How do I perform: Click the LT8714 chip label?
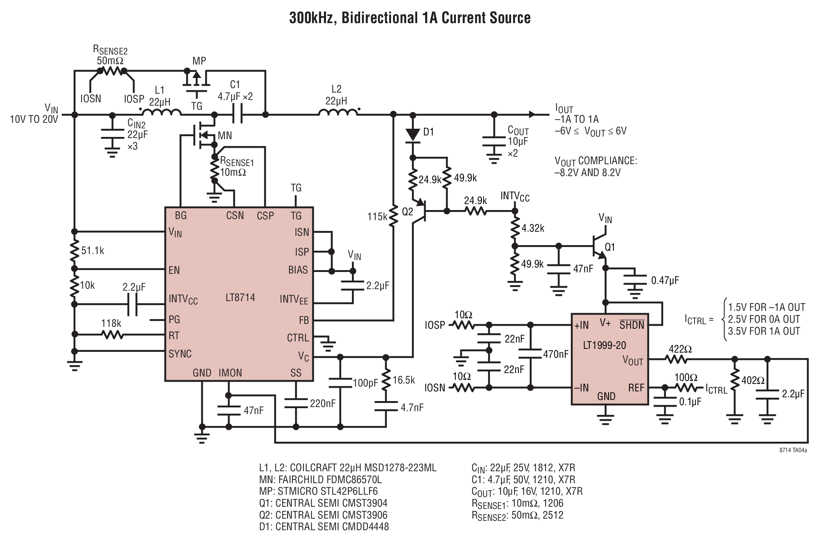240,298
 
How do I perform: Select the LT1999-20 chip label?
604,345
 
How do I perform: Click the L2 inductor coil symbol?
338,112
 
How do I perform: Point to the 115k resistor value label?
377,216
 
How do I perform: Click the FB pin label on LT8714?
304,320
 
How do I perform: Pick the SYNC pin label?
180,354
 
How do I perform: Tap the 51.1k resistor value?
92,250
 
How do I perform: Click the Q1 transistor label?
610,247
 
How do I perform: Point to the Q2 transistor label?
407,212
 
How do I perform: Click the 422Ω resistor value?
680,349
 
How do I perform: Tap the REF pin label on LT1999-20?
636,388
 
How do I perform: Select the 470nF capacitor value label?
555,354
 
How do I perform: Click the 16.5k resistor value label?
404,380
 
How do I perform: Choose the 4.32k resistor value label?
533,228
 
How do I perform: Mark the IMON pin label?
230,373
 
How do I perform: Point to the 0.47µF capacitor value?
665,281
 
